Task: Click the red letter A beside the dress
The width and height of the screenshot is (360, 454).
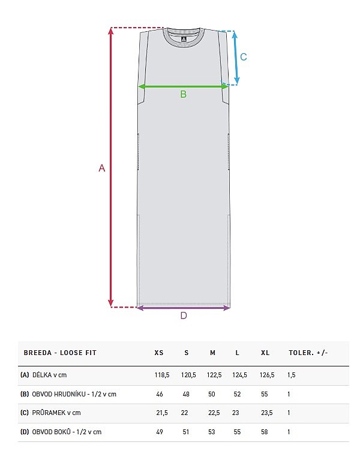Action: pyautogui.click(x=101, y=168)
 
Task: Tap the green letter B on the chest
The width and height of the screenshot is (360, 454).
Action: pyautogui.click(x=184, y=94)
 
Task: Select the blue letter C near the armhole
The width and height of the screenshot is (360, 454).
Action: pyautogui.click(x=244, y=57)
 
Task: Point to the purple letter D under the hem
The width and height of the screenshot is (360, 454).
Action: pyautogui.click(x=184, y=315)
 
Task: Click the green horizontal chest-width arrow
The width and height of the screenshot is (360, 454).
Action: pyautogui.click(x=184, y=86)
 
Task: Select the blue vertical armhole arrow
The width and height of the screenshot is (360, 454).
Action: pyautogui.click(x=235, y=58)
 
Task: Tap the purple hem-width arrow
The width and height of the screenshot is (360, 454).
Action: pyautogui.click(x=184, y=308)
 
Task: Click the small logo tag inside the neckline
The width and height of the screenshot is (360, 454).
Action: pyautogui.click(x=183, y=40)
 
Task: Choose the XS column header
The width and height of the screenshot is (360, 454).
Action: pyautogui.click(x=159, y=353)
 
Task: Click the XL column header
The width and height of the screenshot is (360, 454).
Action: pyautogui.click(x=265, y=353)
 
